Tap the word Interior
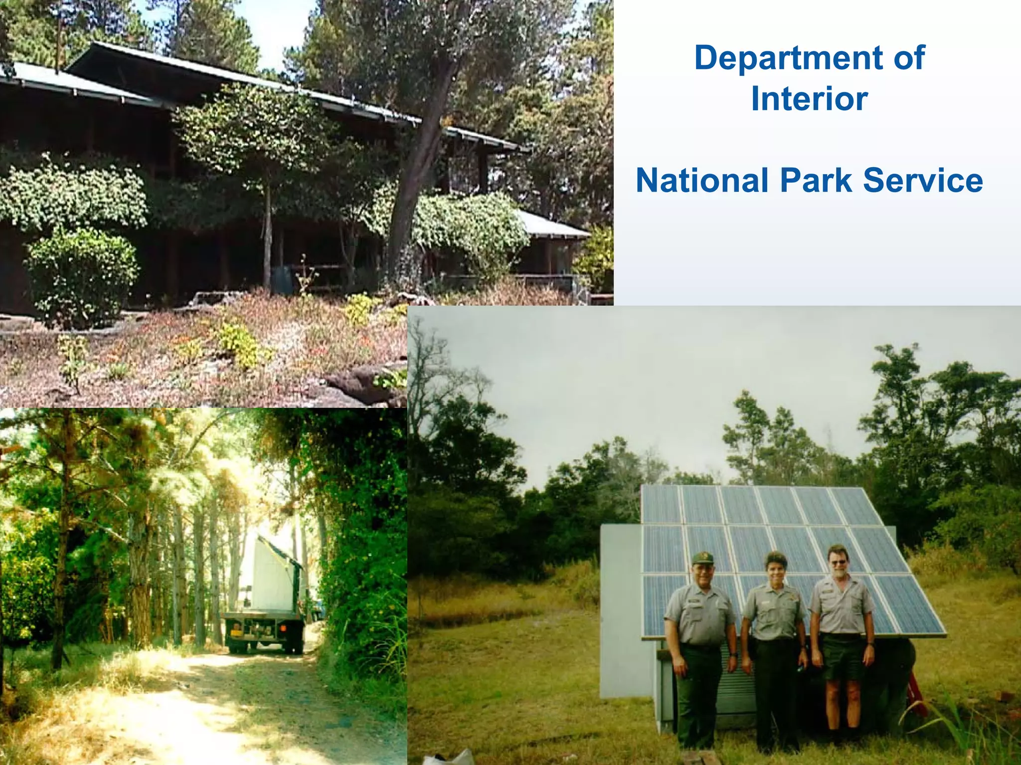click(x=809, y=99)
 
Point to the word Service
click(x=923, y=180)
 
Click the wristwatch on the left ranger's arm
click(x=733, y=655)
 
